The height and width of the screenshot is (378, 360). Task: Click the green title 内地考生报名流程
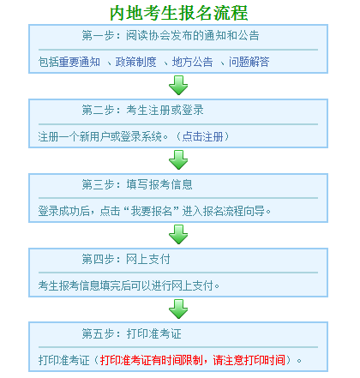(x=179, y=13)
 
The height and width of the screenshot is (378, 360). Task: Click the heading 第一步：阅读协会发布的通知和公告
(x=171, y=37)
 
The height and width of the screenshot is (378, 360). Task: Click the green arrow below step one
(x=178, y=85)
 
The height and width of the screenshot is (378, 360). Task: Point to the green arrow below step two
(x=178, y=159)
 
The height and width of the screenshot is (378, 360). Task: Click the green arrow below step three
(x=178, y=234)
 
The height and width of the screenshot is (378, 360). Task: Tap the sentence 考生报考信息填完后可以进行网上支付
(x=129, y=284)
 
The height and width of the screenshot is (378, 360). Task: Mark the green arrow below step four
(x=178, y=308)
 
